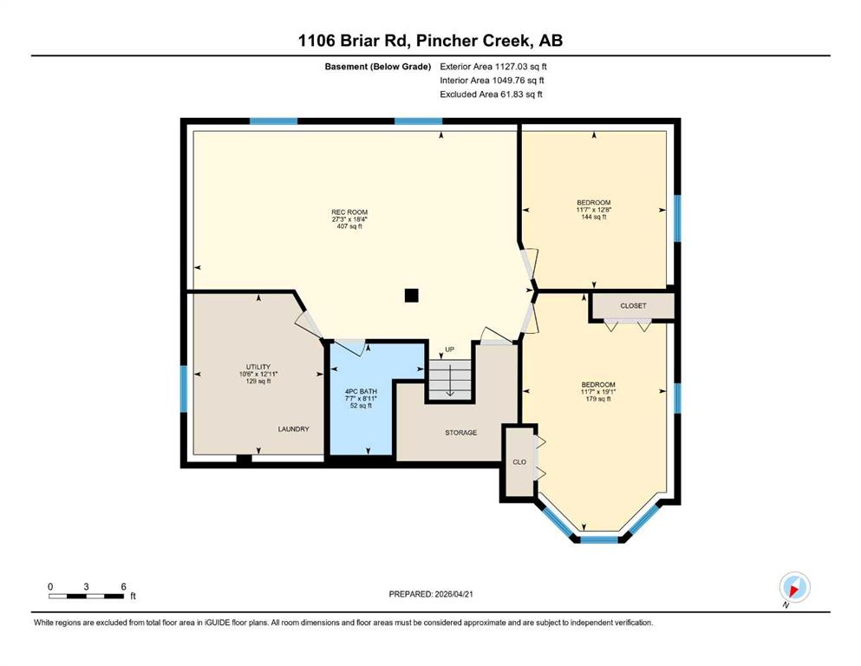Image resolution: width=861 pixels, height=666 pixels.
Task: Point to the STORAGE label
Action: [460, 433]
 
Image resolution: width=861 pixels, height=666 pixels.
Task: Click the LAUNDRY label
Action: [293, 428]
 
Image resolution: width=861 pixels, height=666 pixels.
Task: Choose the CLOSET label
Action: [633, 306]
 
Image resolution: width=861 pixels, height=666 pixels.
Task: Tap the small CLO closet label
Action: [519, 462]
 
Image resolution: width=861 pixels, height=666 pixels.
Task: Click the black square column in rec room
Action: [411, 296]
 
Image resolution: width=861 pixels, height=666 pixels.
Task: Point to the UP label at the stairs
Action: [450, 349]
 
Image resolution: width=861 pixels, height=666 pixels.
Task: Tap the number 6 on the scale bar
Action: [123, 586]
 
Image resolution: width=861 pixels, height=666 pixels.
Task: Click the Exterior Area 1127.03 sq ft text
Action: [493, 67]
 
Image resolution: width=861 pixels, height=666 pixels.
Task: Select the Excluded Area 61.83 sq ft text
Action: [491, 94]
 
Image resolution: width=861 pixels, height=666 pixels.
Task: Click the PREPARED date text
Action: [430, 594]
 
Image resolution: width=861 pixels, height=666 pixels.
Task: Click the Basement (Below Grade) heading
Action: [378, 67]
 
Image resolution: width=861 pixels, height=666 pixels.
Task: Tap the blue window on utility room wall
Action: [184, 388]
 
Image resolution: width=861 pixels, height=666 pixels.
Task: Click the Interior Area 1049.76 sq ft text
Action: [492, 80]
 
